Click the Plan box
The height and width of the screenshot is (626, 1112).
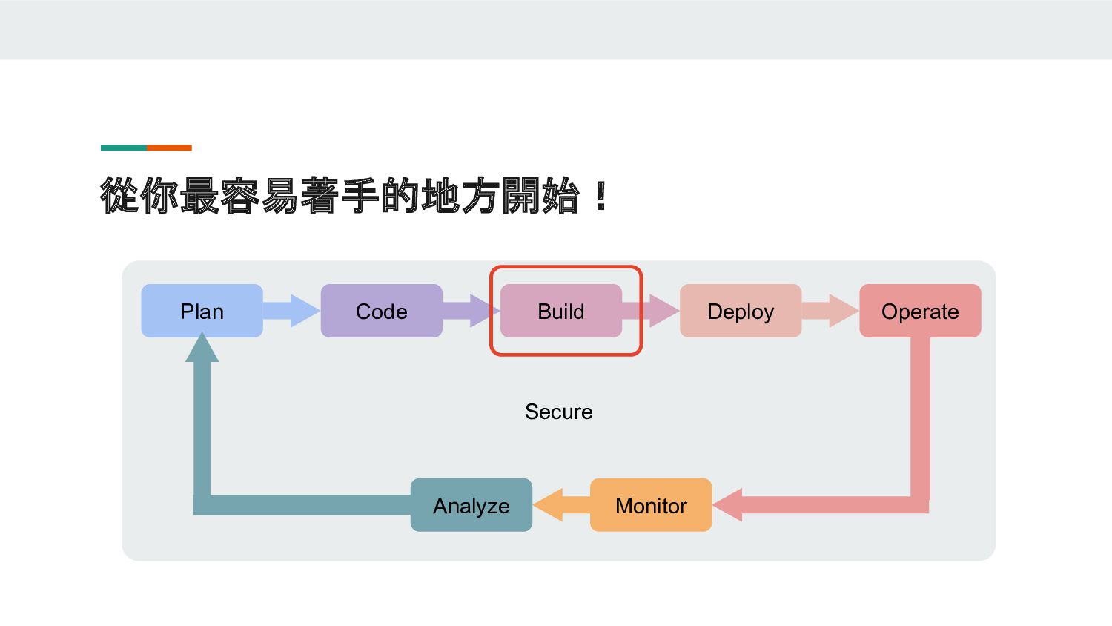tap(202, 311)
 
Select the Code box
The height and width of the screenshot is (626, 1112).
tap(381, 311)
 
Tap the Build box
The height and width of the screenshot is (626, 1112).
tap(561, 311)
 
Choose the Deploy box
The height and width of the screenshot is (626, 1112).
tap(741, 311)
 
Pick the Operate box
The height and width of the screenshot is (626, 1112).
tap(921, 311)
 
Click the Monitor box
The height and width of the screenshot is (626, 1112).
tap(651, 505)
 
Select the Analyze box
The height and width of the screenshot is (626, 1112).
tap(471, 505)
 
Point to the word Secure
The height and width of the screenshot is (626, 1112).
tap(558, 412)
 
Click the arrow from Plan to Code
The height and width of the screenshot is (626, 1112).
tap(292, 311)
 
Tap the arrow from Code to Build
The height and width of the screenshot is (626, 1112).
tap(471, 311)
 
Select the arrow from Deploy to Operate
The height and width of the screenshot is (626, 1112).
tap(830, 311)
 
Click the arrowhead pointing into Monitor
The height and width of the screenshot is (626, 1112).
tap(727, 505)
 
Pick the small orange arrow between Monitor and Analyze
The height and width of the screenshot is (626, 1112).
tap(561, 505)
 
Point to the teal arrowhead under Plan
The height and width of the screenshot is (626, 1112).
tap(202, 347)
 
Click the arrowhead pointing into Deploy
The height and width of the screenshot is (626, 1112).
tap(664, 311)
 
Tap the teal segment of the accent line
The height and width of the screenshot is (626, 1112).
tap(124, 148)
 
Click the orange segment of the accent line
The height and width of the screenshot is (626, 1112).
tap(169, 148)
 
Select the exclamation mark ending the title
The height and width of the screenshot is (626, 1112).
tap(601, 196)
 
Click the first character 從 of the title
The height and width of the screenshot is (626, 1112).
tap(119, 196)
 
